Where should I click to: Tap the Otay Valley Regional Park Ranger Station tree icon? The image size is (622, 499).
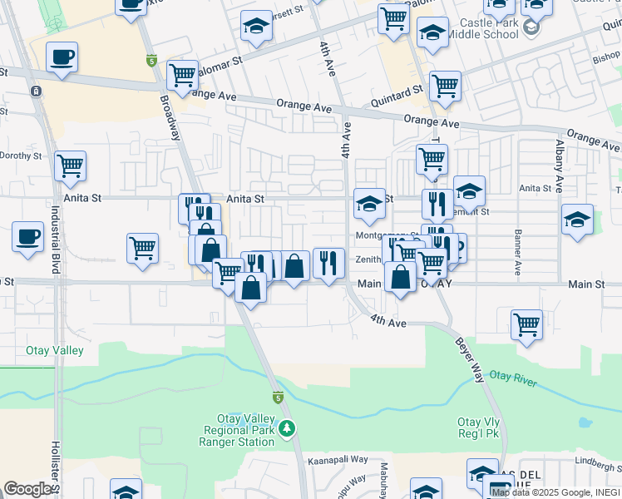pyautogui.click(x=287, y=429)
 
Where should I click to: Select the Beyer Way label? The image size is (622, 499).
pyautogui.click(x=469, y=360)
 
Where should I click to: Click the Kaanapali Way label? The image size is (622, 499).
pyautogui.click(x=337, y=459)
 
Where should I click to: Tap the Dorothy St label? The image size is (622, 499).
pyautogui.click(x=20, y=156)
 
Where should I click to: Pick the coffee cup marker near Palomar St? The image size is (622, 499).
pyautogui.click(x=62, y=58)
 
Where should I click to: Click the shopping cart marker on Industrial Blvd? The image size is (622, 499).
pyautogui.click(x=71, y=165)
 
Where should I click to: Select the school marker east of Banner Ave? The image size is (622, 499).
pyautogui.click(x=577, y=220)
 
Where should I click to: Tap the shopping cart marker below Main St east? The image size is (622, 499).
pyautogui.click(x=526, y=325)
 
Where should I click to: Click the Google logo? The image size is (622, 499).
pyautogui.click(x=28, y=489)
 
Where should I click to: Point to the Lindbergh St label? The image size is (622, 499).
pyautogui.click(x=594, y=460)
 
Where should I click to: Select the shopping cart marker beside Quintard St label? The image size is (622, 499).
pyautogui.click(x=446, y=85)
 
